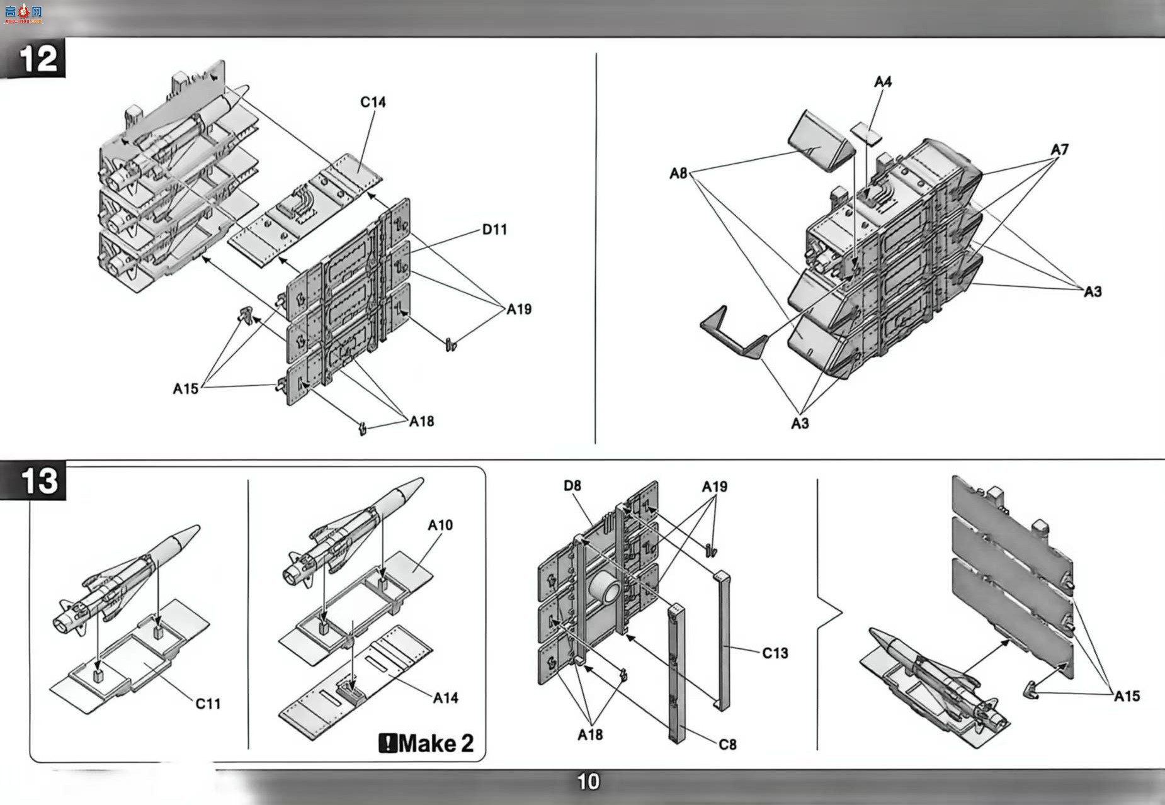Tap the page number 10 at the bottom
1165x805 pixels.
tap(589, 782)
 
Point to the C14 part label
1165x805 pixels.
tap(373, 102)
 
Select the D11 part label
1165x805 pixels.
tap(494, 230)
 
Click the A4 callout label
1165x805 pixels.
tap(883, 82)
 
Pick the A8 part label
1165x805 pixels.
tap(678, 173)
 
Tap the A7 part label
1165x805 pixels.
tap(1060, 149)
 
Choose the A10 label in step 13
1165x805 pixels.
tap(440, 525)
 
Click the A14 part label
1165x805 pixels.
tap(445, 697)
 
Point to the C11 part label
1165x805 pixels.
tap(208, 704)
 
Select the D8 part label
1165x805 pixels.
tap(572, 486)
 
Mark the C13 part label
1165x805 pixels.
tap(775, 653)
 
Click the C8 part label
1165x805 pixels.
tap(727, 745)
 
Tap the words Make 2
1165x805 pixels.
tap(436, 743)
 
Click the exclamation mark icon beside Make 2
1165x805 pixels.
tap(387, 743)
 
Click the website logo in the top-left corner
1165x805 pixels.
tap(23, 13)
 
